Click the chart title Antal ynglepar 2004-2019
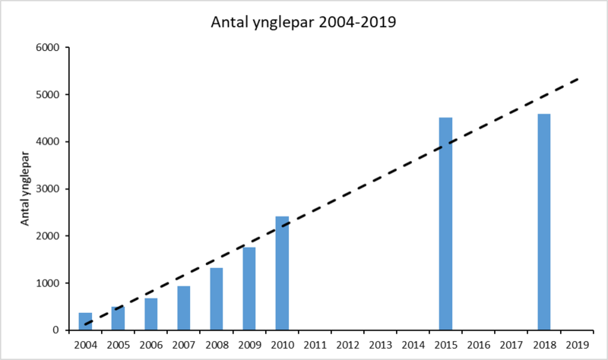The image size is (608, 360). click(x=303, y=22)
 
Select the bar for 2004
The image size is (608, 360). click(x=85, y=321)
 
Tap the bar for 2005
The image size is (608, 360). click(x=118, y=318)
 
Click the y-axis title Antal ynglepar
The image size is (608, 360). click(x=24, y=189)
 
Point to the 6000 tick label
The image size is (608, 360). click(x=47, y=48)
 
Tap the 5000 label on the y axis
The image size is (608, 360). click(x=47, y=95)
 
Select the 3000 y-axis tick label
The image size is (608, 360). click(x=47, y=189)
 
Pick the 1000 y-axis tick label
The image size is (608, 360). click(x=47, y=283)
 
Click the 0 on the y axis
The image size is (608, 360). click(x=57, y=330)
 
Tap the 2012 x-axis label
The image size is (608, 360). click(x=347, y=344)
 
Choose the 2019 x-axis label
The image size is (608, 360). click(x=577, y=344)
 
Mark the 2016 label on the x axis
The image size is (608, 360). click(x=478, y=344)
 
